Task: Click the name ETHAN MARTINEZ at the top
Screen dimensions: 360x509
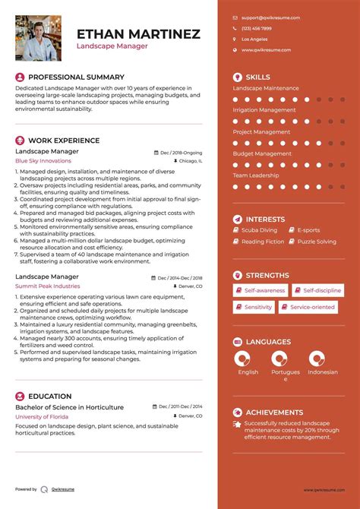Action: (138, 33)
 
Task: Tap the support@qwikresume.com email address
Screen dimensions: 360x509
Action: (270, 17)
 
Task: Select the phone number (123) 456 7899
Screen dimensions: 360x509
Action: (257, 28)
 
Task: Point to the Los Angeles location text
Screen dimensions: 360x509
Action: (254, 39)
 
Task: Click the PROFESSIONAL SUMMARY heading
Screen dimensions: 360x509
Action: (76, 77)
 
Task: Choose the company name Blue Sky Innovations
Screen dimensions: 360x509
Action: (43, 161)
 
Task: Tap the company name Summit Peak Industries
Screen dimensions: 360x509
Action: (47, 286)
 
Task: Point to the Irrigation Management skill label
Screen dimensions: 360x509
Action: (264, 110)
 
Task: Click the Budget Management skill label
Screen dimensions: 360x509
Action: (262, 153)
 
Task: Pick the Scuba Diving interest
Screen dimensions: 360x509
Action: (259, 229)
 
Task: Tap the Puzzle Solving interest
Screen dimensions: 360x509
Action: (317, 242)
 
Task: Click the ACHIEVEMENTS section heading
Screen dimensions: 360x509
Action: (274, 412)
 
